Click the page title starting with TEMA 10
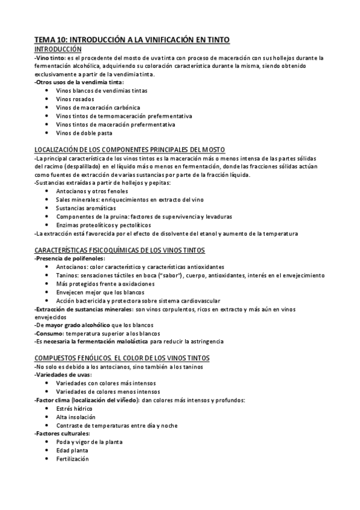[132, 39]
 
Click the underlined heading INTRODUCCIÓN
[58, 49]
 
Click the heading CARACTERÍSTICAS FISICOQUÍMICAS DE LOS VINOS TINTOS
[120, 249]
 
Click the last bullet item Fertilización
[72, 458]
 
